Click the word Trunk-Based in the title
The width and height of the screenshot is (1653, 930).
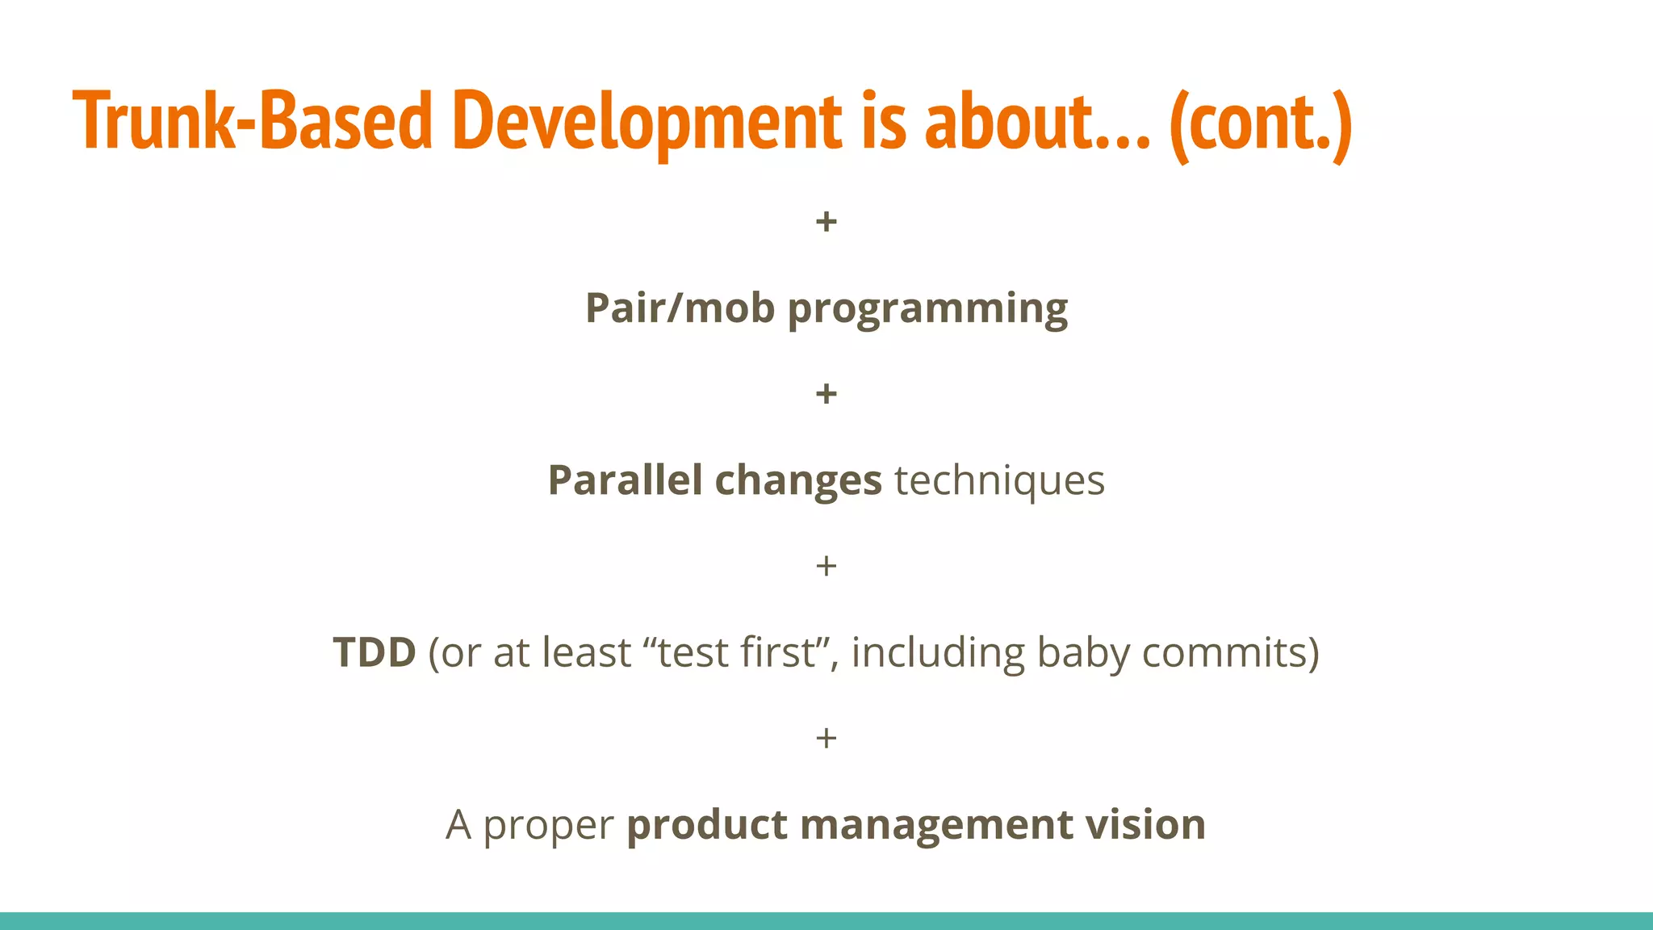253,121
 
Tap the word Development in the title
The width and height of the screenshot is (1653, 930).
647,121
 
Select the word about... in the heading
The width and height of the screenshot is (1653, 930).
1036,121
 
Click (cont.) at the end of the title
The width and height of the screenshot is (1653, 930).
1260,123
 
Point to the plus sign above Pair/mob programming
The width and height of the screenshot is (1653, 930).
826,221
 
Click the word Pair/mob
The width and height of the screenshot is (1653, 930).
680,308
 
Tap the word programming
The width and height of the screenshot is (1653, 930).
927,309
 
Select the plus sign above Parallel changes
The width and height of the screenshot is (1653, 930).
826,394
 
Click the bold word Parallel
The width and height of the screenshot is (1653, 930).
625,480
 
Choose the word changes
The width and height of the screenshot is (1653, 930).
797,482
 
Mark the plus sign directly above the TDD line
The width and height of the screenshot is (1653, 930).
826,566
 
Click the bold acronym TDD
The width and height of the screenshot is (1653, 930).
375,652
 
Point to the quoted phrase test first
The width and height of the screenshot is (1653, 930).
737,652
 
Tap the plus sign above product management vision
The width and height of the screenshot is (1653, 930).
826,738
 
